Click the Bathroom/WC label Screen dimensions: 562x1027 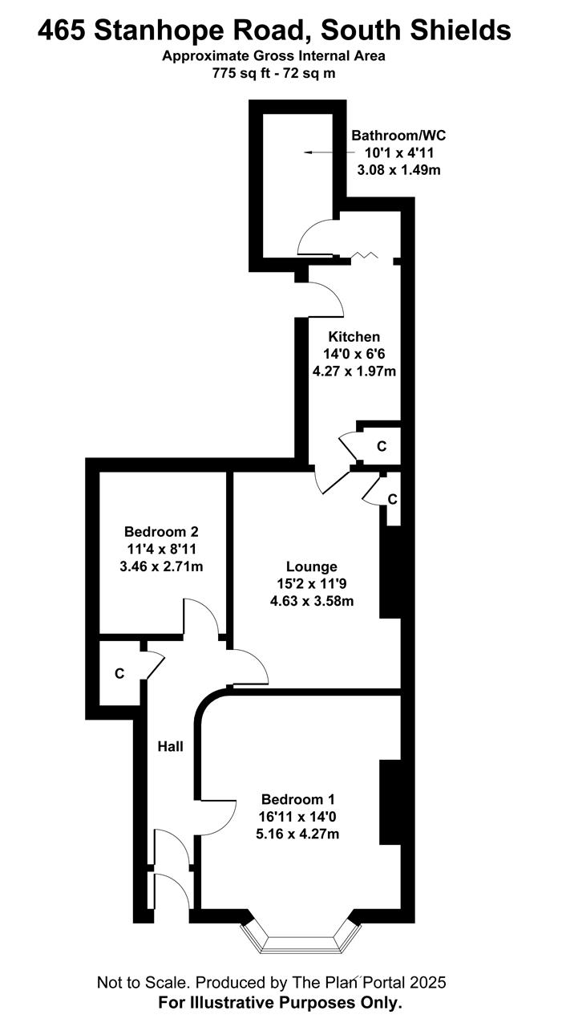398,136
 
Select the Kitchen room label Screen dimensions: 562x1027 354,337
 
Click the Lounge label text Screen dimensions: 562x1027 311,566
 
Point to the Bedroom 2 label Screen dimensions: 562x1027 161,532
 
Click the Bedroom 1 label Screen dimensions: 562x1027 297,800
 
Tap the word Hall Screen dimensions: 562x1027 171,746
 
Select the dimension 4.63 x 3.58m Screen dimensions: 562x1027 312,601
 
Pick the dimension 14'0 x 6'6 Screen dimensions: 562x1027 354,354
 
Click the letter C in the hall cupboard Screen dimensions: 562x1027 119,673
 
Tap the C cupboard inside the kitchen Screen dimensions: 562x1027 382,446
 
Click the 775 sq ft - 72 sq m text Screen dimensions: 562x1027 273,73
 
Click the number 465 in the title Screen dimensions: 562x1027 61,30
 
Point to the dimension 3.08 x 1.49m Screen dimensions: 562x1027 398,170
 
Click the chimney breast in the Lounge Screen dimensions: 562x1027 390,572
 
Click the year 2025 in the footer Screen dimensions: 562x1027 428,983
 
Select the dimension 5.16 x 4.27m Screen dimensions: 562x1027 297,834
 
